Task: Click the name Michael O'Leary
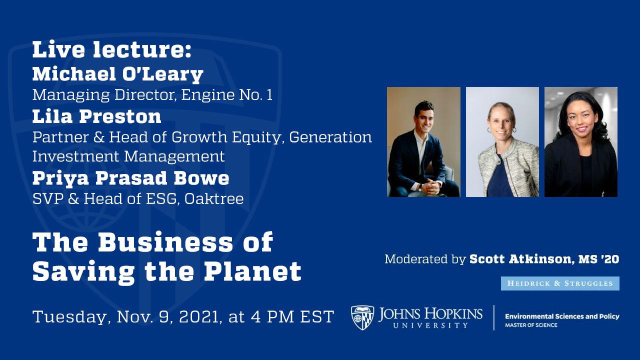pyautogui.click(x=117, y=74)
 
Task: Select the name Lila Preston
pyautogui.click(x=96, y=116)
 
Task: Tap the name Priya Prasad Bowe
pyautogui.click(x=130, y=177)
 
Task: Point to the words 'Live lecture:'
pyautogui.click(x=112, y=50)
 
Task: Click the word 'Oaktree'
pyautogui.click(x=214, y=199)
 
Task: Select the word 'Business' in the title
pyautogui.click(x=165, y=242)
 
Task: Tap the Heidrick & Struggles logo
pyautogui.click(x=560, y=283)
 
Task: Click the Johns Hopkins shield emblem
pyautogui.click(x=362, y=317)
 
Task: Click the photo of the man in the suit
pyautogui.click(x=423, y=142)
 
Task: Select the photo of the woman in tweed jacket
pyautogui.click(x=502, y=142)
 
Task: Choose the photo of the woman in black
pyautogui.click(x=580, y=142)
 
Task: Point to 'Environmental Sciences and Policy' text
pyautogui.click(x=562, y=316)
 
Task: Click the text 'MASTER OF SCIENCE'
pyautogui.click(x=531, y=325)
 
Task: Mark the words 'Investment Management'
pyautogui.click(x=128, y=156)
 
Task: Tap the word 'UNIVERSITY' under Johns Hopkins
pyautogui.click(x=430, y=325)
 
